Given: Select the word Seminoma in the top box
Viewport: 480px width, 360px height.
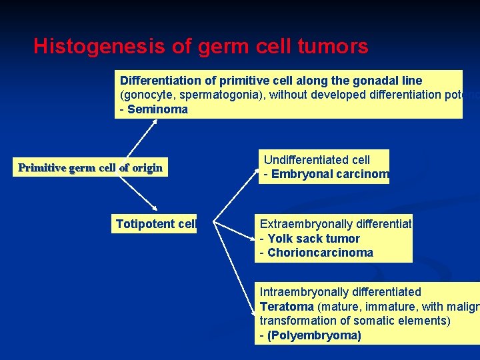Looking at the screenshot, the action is click(x=157, y=109).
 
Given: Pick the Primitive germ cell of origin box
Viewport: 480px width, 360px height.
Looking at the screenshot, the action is click(x=90, y=167).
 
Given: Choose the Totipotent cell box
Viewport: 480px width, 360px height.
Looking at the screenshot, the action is click(x=156, y=224).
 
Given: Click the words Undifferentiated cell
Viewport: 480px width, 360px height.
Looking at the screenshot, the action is click(x=317, y=160).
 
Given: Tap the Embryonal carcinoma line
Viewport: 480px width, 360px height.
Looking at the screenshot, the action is click(x=325, y=175).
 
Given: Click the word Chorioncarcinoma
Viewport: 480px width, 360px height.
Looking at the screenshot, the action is click(x=320, y=253).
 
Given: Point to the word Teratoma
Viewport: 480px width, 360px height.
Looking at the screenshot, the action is click(x=287, y=307).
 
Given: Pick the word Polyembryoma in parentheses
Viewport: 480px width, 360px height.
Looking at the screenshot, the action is click(x=314, y=335).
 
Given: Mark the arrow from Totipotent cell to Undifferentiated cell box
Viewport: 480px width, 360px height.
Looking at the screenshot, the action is click(x=236, y=197).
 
